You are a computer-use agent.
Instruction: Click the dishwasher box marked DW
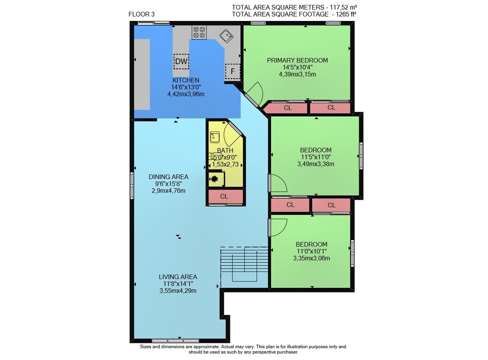pyautogui.click(x=181, y=61)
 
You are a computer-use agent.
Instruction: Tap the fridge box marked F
pyautogui.click(x=232, y=71)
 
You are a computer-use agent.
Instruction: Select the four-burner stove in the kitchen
pyautogui.click(x=199, y=32)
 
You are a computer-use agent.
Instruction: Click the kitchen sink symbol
pyautogui.click(x=226, y=36)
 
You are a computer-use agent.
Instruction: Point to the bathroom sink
pyautogui.click(x=215, y=137)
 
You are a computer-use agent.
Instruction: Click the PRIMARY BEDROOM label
pyautogui.click(x=297, y=61)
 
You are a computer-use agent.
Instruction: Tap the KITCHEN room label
pyautogui.click(x=186, y=80)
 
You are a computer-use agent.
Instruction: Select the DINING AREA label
pyautogui.click(x=168, y=177)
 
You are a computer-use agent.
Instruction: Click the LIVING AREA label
pyautogui.click(x=178, y=277)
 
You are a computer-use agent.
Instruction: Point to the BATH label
pyautogui.click(x=225, y=150)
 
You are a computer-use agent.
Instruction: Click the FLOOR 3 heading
pyautogui.click(x=142, y=14)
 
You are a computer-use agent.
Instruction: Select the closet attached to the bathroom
pyautogui.click(x=225, y=196)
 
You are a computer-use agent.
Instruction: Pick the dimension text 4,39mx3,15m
pyautogui.click(x=297, y=74)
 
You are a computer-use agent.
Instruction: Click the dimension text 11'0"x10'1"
pyautogui.click(x=311, y=251)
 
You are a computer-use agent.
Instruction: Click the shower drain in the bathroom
pyautogui.click(x=214, y=179)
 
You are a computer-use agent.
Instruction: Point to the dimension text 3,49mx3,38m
pyautogui.click(x=316, y=164)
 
